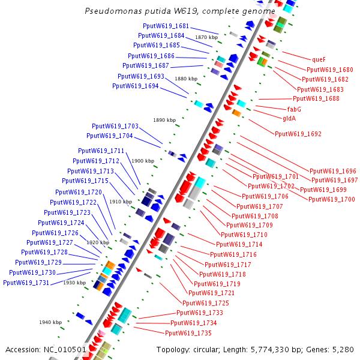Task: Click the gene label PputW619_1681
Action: (x=166, y=26)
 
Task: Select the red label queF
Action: (x=318, y=59)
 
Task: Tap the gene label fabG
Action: (x=294, y=109)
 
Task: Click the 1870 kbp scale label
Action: (x=206, y=37)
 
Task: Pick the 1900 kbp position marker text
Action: (x=143, y=161)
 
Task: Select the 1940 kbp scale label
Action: (x=50, y=322)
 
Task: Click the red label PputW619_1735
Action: (x=188, y=332)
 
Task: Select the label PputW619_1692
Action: (x=298, y=134)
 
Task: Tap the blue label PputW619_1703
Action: (x=115, y=127)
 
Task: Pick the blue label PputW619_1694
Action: (x=135, y=86)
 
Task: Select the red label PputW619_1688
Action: (x=316, y=99)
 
